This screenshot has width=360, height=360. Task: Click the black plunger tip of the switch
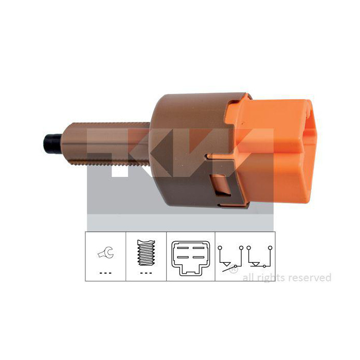click(x=52, y=143)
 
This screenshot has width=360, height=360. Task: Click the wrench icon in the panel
click(x=106, y=253)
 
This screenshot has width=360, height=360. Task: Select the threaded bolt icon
click(x=146, y=253)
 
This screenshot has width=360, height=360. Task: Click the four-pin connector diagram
click(x=191, y=258)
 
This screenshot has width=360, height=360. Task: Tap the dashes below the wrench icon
click(x=105, y=273)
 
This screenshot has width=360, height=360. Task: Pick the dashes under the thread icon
click(x=146, y=273)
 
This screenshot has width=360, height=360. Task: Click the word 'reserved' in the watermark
click(x=310, y=278)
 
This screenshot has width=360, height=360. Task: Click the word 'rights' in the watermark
click(x=272, y=278)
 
